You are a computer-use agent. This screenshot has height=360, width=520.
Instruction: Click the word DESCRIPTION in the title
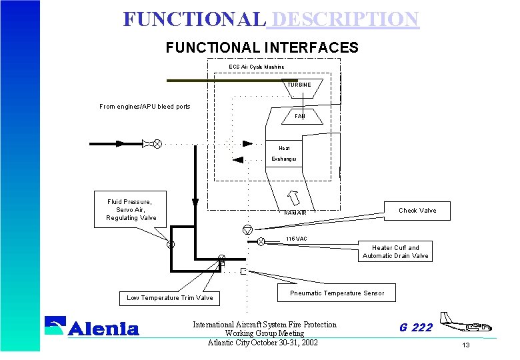(343, 19)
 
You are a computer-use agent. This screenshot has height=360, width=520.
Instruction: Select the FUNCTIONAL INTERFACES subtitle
(262, 48)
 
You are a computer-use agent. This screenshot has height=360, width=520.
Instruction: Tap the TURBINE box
(299, 85)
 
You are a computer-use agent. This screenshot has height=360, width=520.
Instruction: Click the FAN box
(300, 116)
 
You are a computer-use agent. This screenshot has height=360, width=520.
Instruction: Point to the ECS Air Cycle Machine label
(257, 67)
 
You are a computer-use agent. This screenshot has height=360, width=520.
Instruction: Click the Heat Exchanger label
(284, 153)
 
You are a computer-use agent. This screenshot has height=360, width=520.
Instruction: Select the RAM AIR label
(295, 213)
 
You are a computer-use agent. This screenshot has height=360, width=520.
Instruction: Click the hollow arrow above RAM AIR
(293, 198)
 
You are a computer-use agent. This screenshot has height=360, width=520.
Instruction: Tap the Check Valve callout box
(417, 211)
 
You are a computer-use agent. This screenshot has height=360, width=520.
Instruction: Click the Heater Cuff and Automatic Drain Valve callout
(396, 252)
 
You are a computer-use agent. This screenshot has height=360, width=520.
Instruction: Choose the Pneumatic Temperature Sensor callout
(337, 293)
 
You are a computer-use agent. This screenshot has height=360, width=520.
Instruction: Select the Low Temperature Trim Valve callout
(170, 298)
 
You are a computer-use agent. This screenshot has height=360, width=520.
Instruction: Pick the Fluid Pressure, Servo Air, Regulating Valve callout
(131, 209)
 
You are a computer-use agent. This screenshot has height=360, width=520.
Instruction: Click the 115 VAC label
(296, 239)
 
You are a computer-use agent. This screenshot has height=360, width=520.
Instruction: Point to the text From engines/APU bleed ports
(145, 107)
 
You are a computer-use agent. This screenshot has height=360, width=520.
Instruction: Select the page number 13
(466, 345)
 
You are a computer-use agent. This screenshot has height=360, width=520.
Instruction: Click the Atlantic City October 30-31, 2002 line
(263, 343)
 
